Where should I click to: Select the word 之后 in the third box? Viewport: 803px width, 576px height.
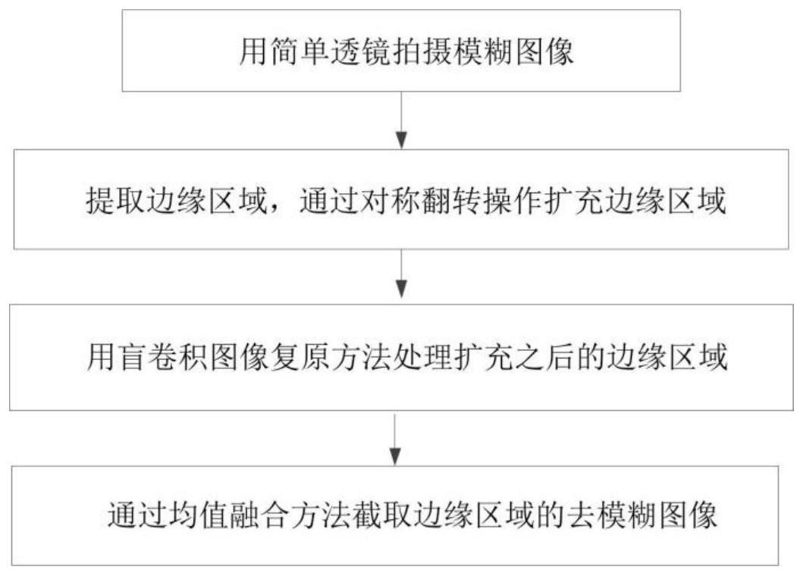(552, 356)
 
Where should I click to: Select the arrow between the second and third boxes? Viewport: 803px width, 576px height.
(401, 276)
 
